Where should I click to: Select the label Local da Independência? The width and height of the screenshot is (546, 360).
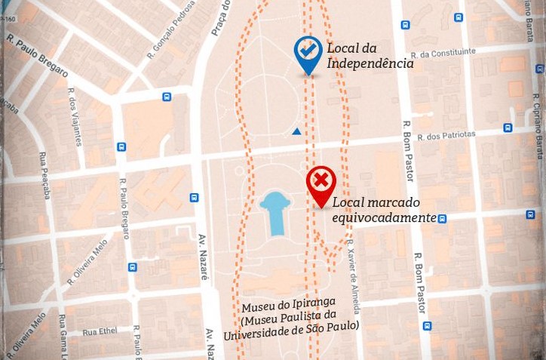[x=370, y=57]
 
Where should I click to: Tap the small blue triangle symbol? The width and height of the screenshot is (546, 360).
[x=296, y=131]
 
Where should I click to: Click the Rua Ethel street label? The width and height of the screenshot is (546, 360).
[x=100, y=331]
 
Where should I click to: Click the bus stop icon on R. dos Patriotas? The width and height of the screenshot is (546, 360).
[x=508, y=128]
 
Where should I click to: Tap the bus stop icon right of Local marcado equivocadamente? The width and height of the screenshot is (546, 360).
[x=443, y=219]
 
